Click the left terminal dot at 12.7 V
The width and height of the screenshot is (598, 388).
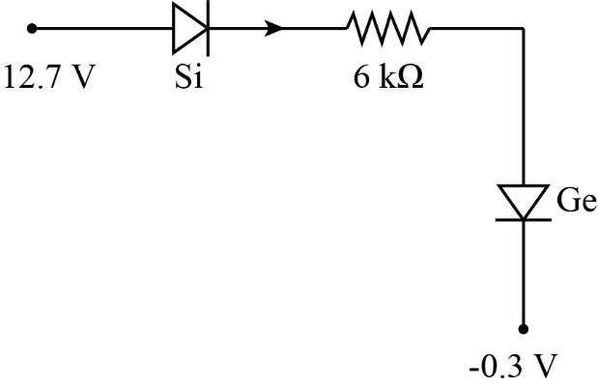coord(32,28)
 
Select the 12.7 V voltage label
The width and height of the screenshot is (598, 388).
coord(50,77)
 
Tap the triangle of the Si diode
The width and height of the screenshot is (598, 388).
coord(186,28)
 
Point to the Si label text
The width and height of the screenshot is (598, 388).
coord(188,77)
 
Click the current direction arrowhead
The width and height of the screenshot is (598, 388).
coord(275,28)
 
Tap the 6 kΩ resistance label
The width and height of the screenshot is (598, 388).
coord(388,77)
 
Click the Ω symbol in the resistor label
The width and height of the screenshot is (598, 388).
coord(412,77)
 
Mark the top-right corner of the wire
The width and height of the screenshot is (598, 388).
coord(524,28)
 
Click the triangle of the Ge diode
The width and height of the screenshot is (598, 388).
coord(524,200)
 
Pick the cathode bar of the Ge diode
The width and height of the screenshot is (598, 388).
coord(524,219)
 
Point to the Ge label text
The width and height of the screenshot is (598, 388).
coord(576,201)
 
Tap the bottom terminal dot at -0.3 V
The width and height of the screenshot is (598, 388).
coord(524,328)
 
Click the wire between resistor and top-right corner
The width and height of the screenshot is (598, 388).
coord(478,28)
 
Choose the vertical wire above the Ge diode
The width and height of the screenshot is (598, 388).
coord(524,106)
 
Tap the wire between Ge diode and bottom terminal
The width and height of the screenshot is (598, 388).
coord(524,275)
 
